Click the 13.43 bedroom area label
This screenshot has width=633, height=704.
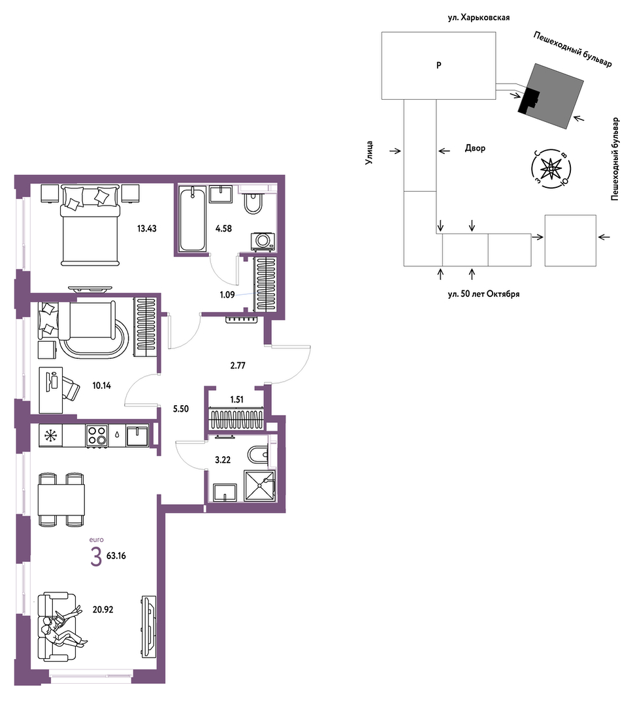[146, 228]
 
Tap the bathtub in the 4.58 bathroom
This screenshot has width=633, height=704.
[193, 219]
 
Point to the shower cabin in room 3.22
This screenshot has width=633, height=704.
[259, 485]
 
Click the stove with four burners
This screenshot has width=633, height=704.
[97, 435]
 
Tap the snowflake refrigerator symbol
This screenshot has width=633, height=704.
[50, 435]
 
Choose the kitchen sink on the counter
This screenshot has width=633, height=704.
[138, 435]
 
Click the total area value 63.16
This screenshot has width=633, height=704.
[116, 556]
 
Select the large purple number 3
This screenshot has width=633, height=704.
[96, 557]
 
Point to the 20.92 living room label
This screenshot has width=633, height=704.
[103, 609]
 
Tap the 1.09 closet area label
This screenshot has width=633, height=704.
[227, 295]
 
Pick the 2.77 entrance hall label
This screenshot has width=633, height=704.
[237, 365]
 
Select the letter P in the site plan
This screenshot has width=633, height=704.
[439, 65]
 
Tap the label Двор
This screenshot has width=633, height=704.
[475, 147]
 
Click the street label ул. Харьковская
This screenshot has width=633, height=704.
[478, 18]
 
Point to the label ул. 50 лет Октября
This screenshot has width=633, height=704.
[483, 294]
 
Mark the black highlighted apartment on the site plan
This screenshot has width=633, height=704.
[528, 100]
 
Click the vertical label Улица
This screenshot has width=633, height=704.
[370, 152]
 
